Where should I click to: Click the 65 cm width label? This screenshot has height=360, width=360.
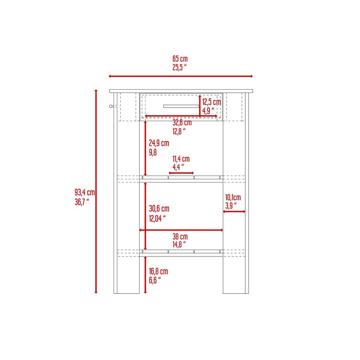point(180,59)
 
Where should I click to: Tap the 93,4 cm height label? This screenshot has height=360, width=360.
point(84,192)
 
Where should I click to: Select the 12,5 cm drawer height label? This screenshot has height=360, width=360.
point(211,102)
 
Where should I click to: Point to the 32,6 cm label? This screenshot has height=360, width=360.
point(182,122)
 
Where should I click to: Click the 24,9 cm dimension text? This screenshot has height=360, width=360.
point(159,143)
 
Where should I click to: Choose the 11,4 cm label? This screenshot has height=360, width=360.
point(181,159)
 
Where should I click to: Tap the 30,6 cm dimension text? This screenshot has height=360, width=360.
point(159,209)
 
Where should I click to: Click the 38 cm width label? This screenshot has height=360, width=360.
point(180,237)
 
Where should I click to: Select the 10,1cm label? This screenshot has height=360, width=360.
point(233,197)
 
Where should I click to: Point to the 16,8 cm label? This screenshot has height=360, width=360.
point(158,271)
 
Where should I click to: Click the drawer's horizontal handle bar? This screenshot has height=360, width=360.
point(181,106)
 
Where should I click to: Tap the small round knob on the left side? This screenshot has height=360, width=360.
point(111,106)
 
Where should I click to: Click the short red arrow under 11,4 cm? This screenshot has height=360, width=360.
point(181,173)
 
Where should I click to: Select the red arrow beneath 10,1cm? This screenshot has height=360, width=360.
point(234,211)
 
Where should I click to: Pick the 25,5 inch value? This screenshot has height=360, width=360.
point(179,67)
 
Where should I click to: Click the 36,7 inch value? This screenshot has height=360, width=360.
point(82,202)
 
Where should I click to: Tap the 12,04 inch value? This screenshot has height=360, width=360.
point(157,218)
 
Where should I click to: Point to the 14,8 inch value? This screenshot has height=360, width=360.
point(179,245)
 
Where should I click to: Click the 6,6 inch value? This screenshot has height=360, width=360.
point(154,280)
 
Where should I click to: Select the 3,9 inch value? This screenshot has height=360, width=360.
point(231,206)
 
